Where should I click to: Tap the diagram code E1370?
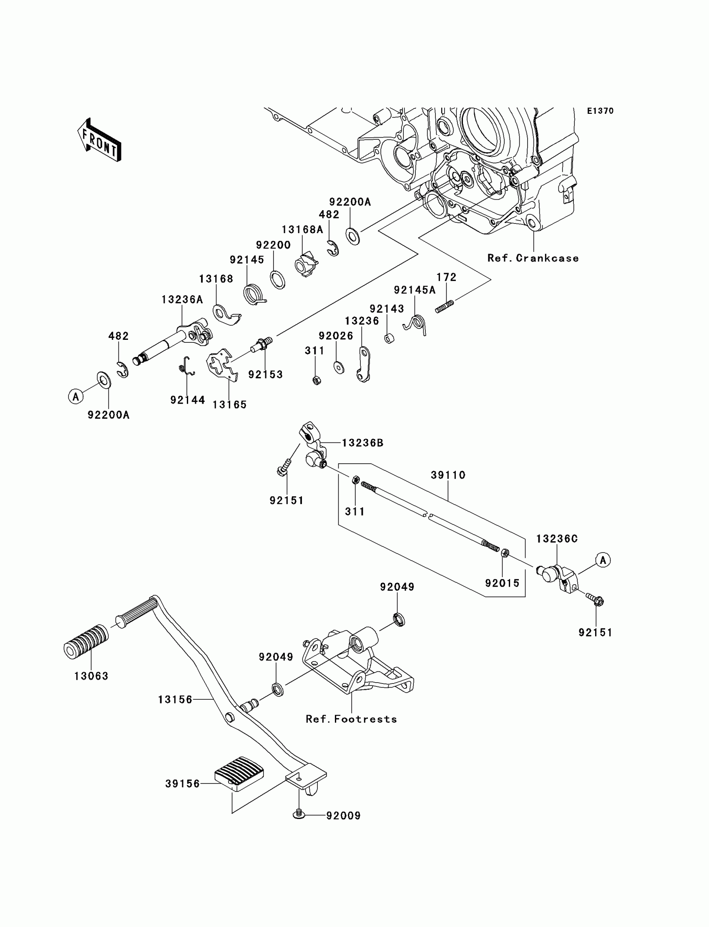click(x=601, y=111)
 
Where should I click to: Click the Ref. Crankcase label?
click(x=533, y=258)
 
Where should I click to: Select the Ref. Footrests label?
click(x=352, y=719)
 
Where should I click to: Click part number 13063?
click(x=91, y=676)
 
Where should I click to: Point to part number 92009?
click(x=344, y=816)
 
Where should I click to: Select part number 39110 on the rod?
click(x=448, y=475)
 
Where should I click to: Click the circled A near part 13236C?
click(x=603, y=560)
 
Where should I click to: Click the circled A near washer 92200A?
click(x=76, y=397)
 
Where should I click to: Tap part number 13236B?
click(x=362, y=443)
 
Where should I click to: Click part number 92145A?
click(x=415, y=290)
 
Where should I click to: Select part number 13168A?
click(x=302, y=229)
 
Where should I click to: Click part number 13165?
click(x=229, y=404)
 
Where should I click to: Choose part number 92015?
click(x=502, y=583)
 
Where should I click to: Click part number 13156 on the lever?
click(x=175, y=700)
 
